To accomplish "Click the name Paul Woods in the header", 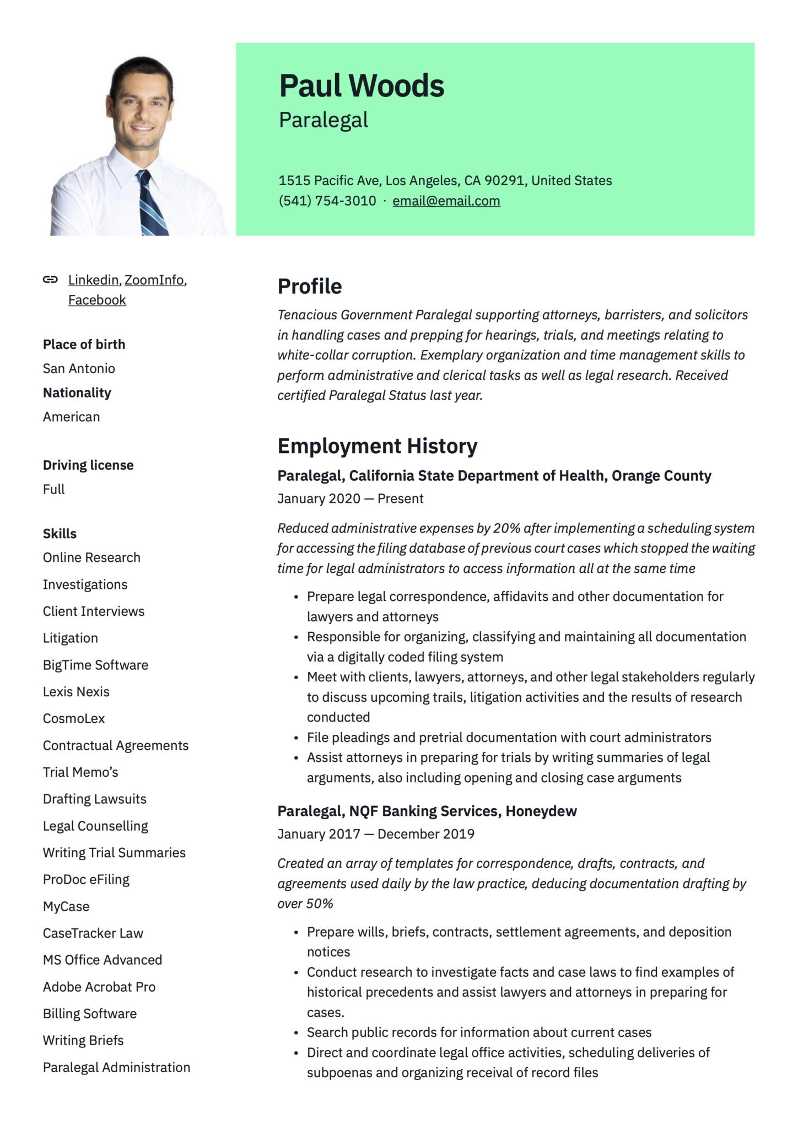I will point(362,86).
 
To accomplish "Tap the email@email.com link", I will point(446,201).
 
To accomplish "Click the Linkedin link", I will point(93,280).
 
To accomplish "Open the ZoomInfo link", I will point(154,280).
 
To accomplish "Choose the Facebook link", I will point(97,300).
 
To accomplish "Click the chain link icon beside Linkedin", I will point(50,279).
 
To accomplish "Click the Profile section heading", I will point(309,287).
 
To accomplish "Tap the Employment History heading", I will point(377,447).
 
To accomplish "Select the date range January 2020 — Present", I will point(350,499).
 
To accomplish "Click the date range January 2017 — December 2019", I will point(375,834).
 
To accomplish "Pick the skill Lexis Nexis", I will point(76,692).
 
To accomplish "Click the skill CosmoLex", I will point(74,719).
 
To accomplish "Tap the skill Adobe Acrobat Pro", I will point(99,987).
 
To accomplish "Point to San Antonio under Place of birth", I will point(79,369).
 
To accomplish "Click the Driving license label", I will point(88,465).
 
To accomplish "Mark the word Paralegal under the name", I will point(323,120).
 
